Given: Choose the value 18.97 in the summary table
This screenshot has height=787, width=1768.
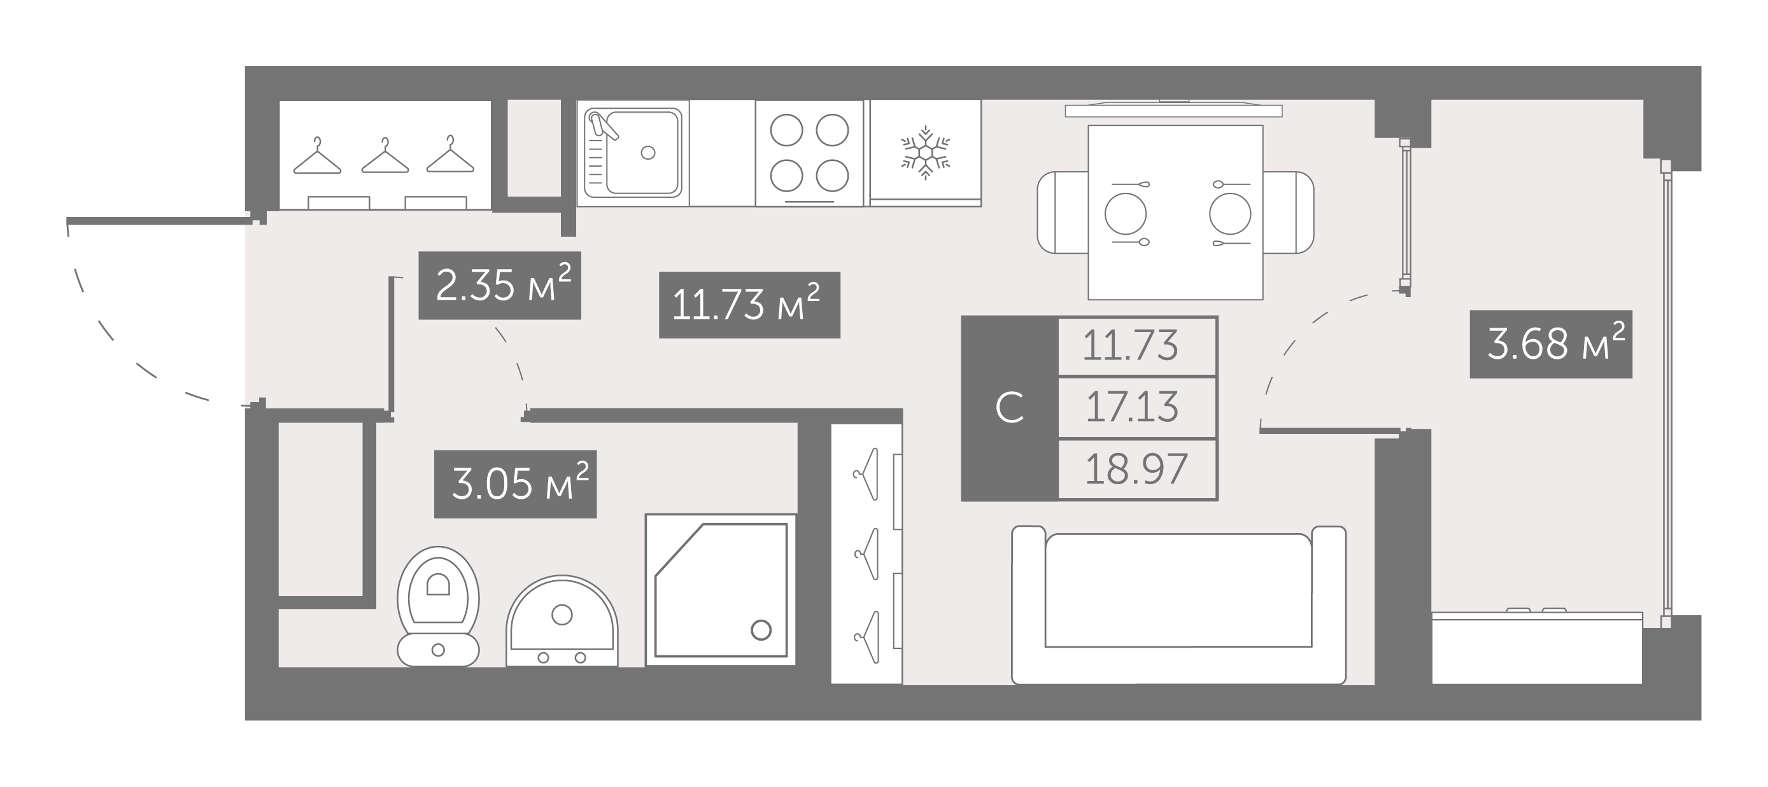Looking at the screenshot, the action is tap(1136, 470).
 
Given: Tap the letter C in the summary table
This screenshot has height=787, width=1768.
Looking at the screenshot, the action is tap(1010, 408).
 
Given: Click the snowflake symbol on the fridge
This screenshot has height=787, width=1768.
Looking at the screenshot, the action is tap(925, 152).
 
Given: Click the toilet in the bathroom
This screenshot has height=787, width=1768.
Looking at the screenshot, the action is tap(438, 606).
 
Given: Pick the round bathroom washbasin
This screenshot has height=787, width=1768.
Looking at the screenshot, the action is tap(562, 621).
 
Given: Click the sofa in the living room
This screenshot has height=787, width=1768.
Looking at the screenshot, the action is tap(1178, 604).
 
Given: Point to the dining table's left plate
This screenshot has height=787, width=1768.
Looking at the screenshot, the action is tap(1126, 213).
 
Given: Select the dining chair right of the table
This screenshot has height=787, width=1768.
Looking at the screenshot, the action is tap(1288, 212).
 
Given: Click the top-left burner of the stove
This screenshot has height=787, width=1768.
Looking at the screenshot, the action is tap(786, 130).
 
